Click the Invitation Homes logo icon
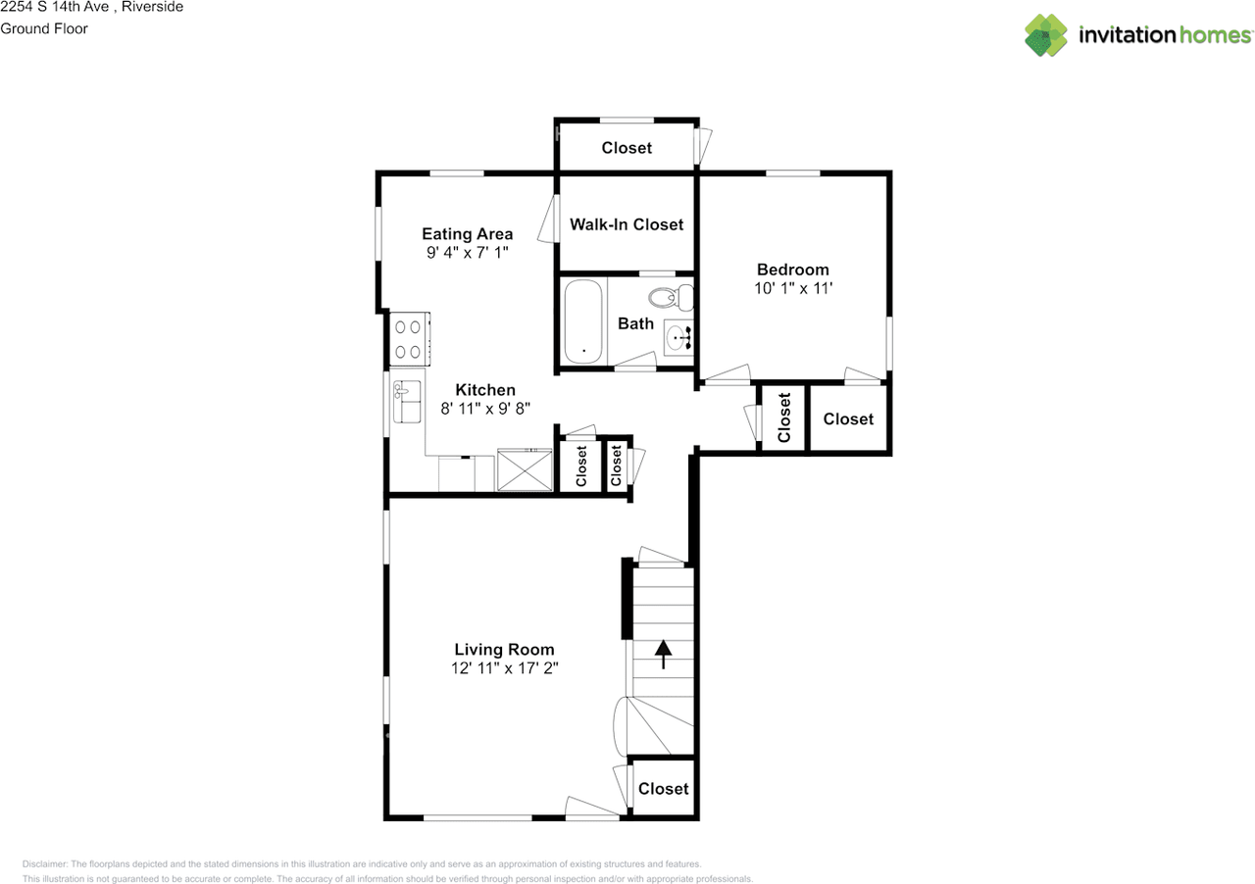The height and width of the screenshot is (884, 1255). (1046, 34)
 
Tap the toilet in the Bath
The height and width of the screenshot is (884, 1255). (670, 295)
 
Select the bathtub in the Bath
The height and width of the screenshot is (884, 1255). (584, 319)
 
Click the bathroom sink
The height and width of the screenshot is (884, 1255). (678, 338)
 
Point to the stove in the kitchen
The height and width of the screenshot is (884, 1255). (409, 339)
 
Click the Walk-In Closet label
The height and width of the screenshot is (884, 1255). (627, 224)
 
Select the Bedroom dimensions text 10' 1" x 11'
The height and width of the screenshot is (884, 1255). (792, 288)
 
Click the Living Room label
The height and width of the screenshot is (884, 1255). (504, 649)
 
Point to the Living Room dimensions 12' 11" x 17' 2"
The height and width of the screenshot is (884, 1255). (504, 668)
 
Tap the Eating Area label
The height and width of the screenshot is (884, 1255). (468, 233)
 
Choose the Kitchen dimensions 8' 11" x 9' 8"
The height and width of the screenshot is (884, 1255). (484, 410)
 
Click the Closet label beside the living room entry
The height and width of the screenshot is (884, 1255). (663, 788)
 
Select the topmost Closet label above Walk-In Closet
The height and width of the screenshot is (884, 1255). (627, 148)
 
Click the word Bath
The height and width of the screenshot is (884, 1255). (635, 323)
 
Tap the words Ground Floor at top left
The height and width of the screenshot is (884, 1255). (44, 28)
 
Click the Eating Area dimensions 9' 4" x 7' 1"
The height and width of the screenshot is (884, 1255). (468, 252)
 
